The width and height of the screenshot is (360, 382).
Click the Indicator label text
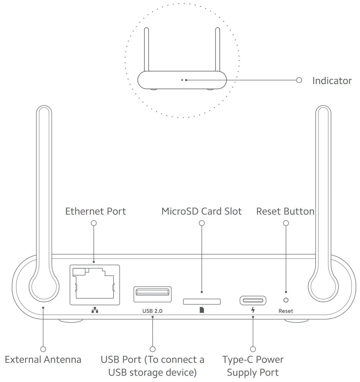pos(332,81)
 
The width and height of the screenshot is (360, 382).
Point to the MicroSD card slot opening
pos(202,301)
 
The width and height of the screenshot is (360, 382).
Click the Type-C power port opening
pos(253,301)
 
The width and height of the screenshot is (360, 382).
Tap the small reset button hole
pos(286,301)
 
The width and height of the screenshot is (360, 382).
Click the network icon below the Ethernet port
pos(95,311)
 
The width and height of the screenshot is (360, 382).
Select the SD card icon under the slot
pos(202,310)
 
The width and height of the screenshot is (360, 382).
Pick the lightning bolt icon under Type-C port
pos(253,310)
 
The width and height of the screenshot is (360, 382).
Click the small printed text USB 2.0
pos(152,311)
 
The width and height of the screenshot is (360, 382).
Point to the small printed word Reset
pos(285,311)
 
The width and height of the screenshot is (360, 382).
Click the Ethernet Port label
pos(95,211)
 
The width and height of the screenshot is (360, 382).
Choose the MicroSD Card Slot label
pos(202,211)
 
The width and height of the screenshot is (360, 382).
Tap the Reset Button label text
pos(285,211)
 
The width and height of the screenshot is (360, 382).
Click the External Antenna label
pos(43,359)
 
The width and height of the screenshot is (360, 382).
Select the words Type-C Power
pos(253,359)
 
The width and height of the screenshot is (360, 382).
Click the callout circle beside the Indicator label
pos(299,80)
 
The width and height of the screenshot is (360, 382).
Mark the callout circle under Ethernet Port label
pos(94,223)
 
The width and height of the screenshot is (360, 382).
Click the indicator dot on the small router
pos(182,80)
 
